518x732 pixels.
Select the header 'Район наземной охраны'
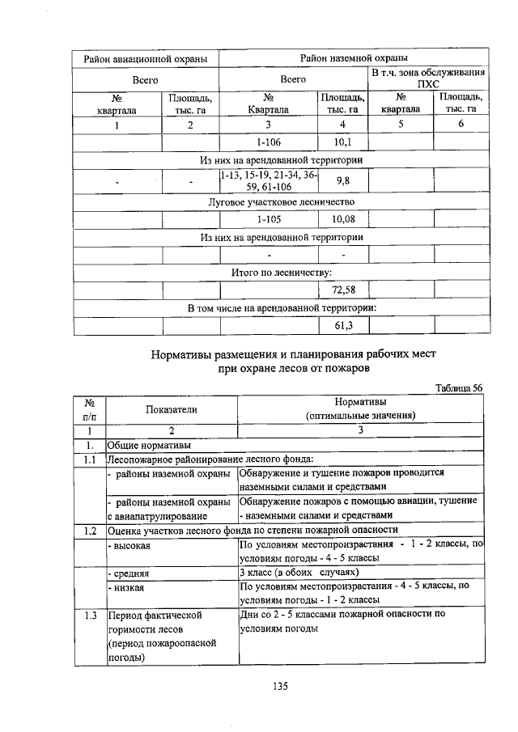(x=353, y=58)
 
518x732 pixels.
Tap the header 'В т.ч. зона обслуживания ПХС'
(x=429, y=79)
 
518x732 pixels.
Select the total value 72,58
(x=344, y=290)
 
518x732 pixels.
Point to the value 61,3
(x=343, y=326)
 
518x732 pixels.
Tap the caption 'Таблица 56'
(x=459, y=387)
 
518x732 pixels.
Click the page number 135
(x=281, y=687)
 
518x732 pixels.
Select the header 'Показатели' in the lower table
(x=172, y=409)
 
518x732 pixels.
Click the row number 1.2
(x=89, y=530)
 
